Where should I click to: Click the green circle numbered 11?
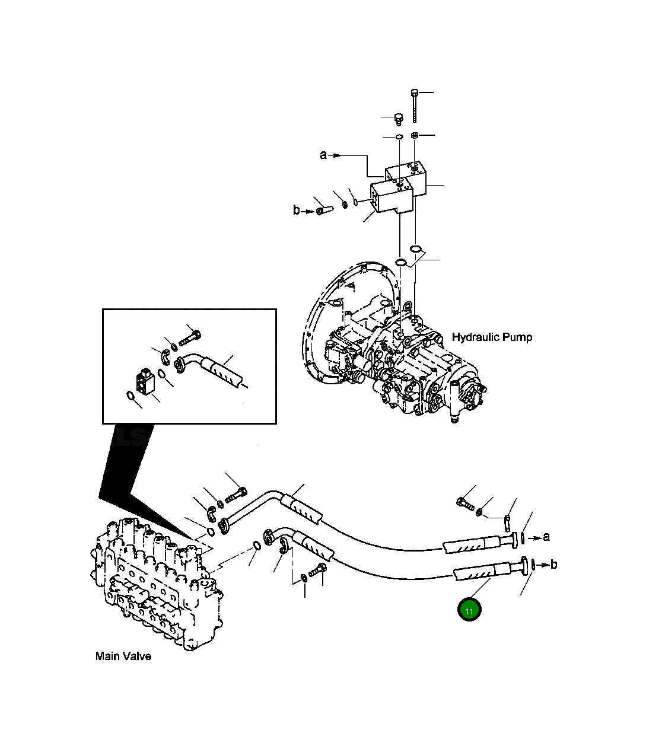469,610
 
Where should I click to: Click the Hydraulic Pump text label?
492,337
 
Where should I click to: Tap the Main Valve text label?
123,656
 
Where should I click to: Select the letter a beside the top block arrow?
323,155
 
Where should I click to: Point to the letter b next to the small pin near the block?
297,210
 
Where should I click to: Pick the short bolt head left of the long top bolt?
399,119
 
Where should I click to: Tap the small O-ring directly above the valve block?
399,138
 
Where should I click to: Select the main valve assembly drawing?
157,584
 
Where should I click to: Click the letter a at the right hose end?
546,537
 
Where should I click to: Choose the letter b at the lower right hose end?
553,565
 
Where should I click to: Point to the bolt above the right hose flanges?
464,503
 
